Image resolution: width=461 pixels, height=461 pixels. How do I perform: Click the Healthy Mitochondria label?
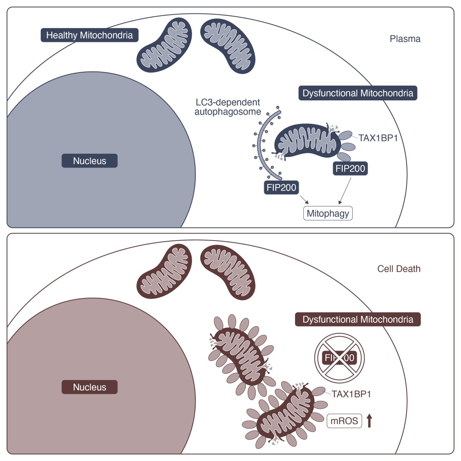click(x=90, y=35)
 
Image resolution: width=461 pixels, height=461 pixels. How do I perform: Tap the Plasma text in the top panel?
click(x=405, y=39)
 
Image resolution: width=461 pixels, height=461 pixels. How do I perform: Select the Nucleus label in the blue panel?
click(x=90, y=161)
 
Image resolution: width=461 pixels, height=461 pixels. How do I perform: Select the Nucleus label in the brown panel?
click(x=90, y=387)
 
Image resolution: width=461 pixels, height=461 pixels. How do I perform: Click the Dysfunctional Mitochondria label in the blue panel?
click(x=358, y=93)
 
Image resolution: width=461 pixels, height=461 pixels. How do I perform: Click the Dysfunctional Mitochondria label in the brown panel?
click(x=358, y=319)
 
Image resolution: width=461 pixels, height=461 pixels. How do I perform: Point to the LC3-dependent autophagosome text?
click(x=227, y=107)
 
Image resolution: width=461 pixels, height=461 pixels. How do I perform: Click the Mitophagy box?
click(x=328, y=213)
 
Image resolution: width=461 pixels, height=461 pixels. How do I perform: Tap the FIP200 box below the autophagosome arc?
click(x=281, y=187)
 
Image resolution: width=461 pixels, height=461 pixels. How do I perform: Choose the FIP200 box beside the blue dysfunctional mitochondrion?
click(x=350, y=168)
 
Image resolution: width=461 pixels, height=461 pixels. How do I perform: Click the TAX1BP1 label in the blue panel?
click(x=378, y=138)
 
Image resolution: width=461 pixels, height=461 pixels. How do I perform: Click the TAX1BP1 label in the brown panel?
click(x=351, y=394)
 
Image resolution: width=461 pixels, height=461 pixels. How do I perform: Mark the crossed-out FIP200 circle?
click(x=340, y=358)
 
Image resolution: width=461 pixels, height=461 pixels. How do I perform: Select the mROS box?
click(x=344, y=421)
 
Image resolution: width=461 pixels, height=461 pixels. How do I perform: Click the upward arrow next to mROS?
click(x=370, y=421)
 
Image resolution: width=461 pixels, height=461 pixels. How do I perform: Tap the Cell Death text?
click(x=399, y=269)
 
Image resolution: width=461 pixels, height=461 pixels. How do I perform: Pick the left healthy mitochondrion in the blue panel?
click(x=164, y=45)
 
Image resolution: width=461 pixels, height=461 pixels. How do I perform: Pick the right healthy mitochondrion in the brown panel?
click(x=228, y=272)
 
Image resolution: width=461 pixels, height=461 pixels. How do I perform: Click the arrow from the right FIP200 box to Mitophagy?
click(x=345, y=191)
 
